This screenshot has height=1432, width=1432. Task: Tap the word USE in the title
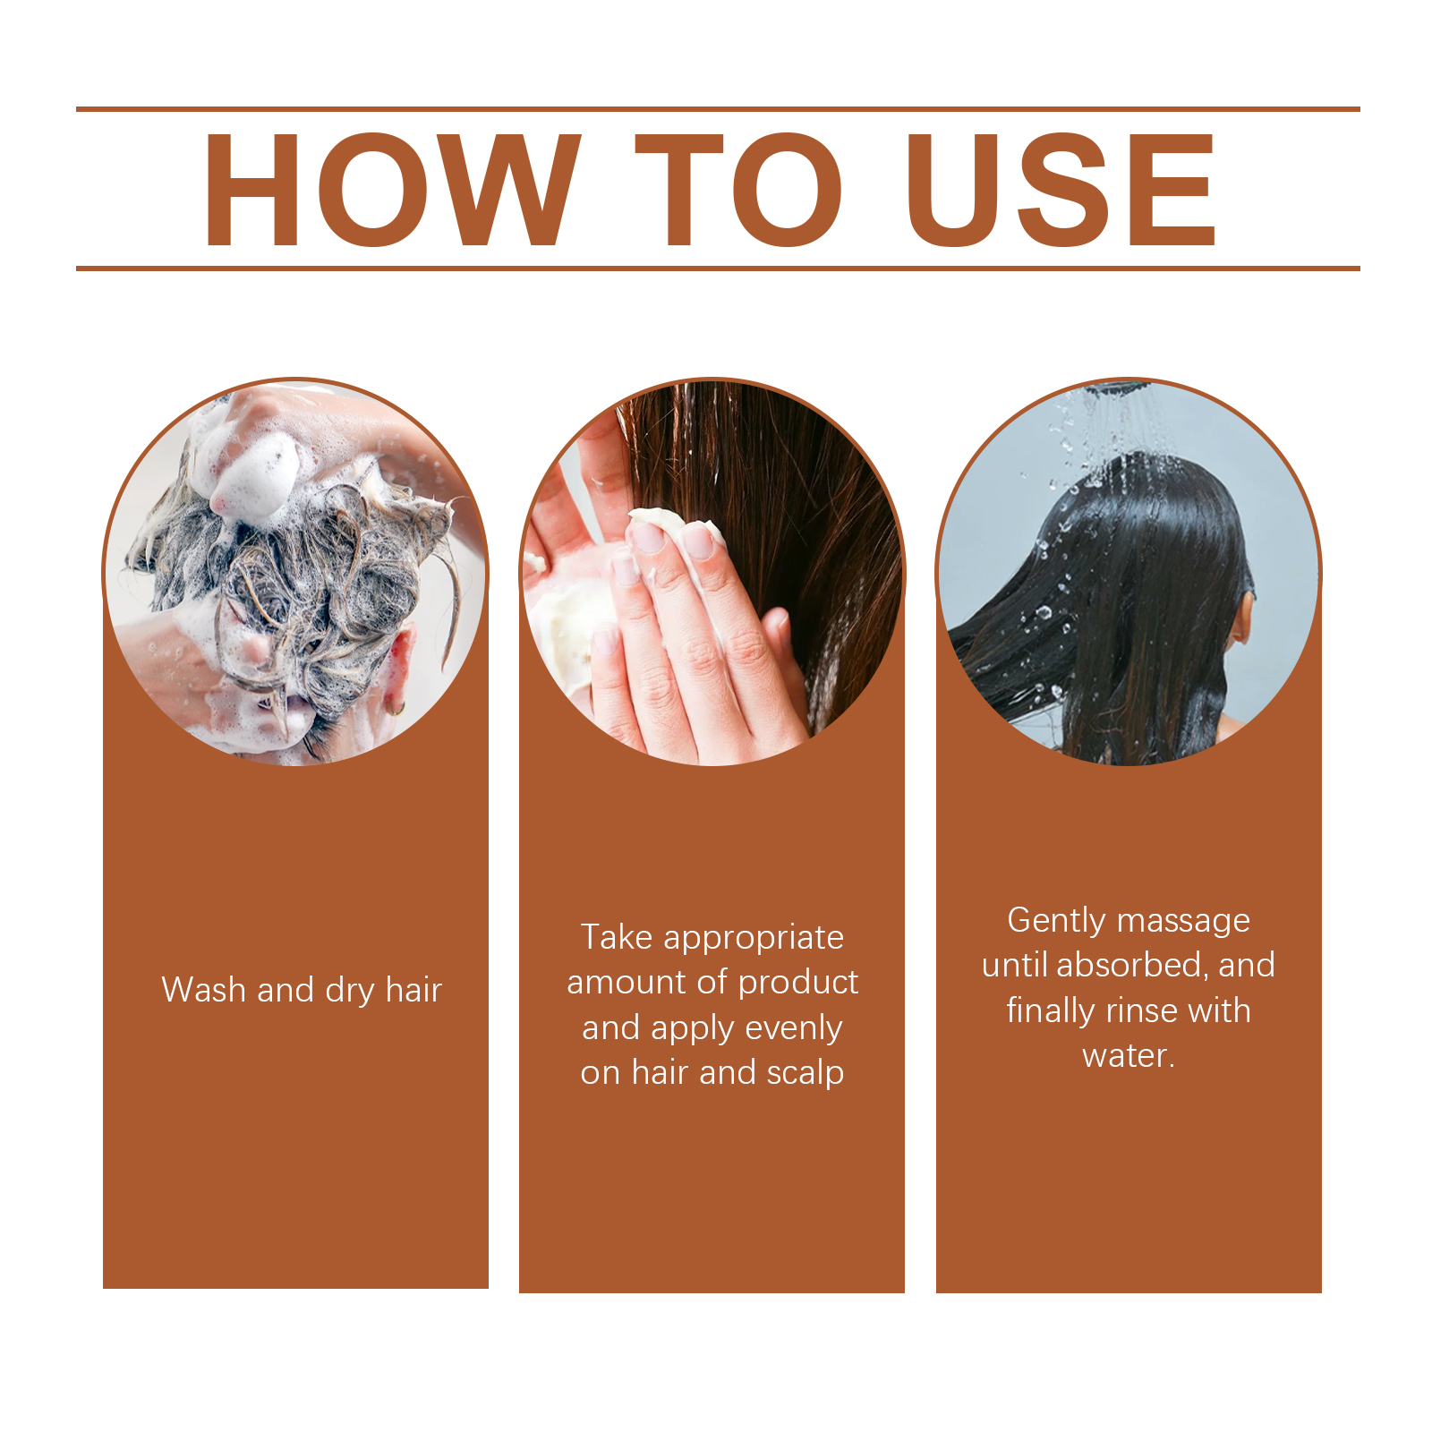[1061, 189]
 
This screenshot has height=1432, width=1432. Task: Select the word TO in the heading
[739, 189]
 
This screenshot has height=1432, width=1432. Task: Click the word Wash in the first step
[203, 990]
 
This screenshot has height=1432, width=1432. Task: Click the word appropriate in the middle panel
[754, 939]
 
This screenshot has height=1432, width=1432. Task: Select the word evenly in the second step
[793, 1029]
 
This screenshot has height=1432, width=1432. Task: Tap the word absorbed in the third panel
[1132, 966]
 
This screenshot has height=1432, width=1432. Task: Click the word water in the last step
[1124, 1056]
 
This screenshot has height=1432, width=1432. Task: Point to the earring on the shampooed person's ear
[394, 709]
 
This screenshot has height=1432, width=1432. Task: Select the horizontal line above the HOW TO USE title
[718, 109]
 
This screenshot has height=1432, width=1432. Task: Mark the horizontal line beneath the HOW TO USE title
[718, 268]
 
